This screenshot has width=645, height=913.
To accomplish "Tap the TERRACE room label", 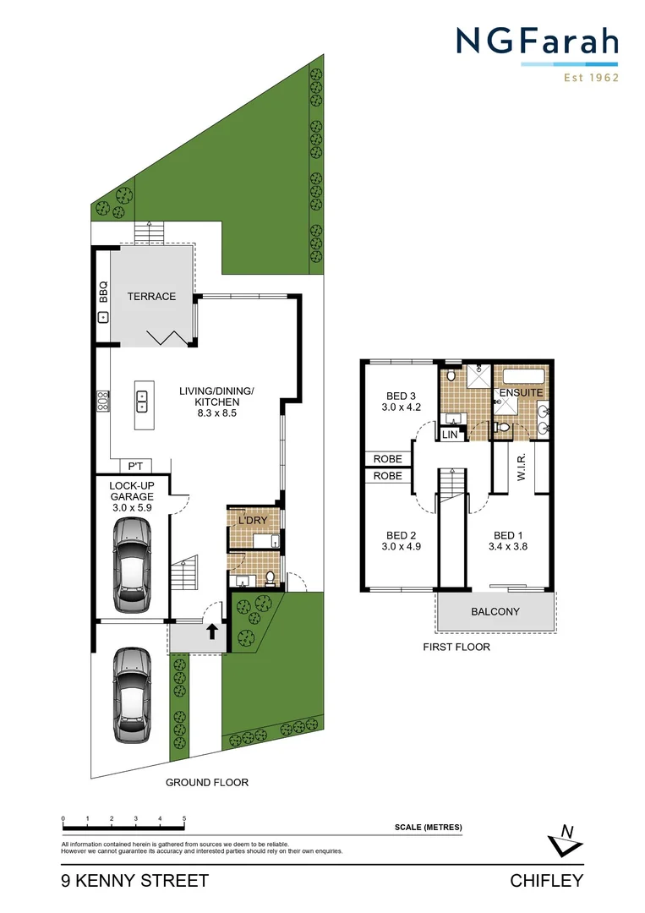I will [151, 297].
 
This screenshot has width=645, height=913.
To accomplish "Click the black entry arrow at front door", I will [210, 631].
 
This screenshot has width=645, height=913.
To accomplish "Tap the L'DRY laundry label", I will [252, 520].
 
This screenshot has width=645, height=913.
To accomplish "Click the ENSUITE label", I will [522, 393].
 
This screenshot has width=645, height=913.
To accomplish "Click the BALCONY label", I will [495, 611].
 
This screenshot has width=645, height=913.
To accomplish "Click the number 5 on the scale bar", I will [184, 819].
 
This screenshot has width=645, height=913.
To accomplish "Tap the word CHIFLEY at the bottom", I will [547, 881].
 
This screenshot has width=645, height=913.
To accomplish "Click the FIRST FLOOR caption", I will [456, 647].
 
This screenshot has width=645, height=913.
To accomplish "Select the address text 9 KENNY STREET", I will [134, 881].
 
